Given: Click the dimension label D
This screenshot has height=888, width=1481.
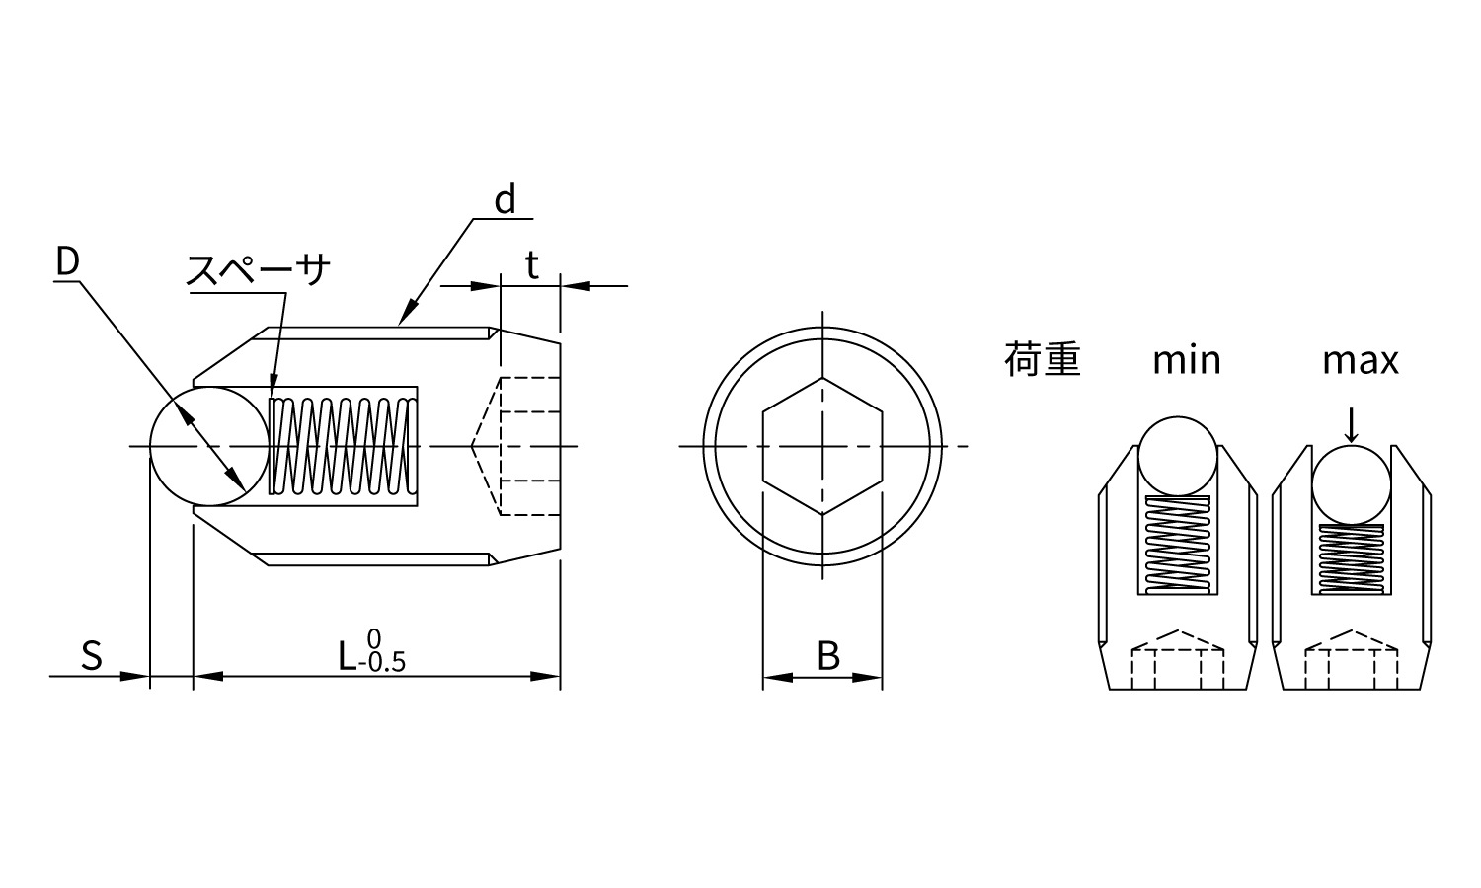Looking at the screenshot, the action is coord(67,261).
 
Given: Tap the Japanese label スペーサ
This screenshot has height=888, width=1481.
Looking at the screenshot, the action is coord(259,270).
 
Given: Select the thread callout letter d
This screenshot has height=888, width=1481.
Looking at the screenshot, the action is coord(506,198).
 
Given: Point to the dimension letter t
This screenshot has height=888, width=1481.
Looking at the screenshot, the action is coord(531,265).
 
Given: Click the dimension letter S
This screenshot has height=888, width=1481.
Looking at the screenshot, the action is coord(92,656).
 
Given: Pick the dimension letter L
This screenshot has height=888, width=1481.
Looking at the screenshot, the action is coord(348,656).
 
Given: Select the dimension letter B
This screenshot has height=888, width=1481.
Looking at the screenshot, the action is coord(828,656).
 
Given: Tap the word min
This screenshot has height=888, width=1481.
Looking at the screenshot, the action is coord(1187,361).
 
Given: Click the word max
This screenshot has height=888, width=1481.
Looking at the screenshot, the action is coord(1361,361).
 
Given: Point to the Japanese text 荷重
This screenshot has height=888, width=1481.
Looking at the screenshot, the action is coord(1042,360).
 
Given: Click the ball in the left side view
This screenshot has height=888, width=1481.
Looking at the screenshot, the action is coord(209,447).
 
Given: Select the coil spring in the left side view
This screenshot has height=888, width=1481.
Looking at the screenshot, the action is coord(344,446).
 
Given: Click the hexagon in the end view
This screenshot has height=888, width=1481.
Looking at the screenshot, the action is coord(822,446).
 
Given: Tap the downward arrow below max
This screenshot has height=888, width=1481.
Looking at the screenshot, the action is coord(1352,425).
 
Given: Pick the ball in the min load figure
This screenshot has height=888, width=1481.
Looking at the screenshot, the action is coord(1178,456).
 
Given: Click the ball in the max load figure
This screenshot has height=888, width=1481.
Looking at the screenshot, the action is coord(1352,485).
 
